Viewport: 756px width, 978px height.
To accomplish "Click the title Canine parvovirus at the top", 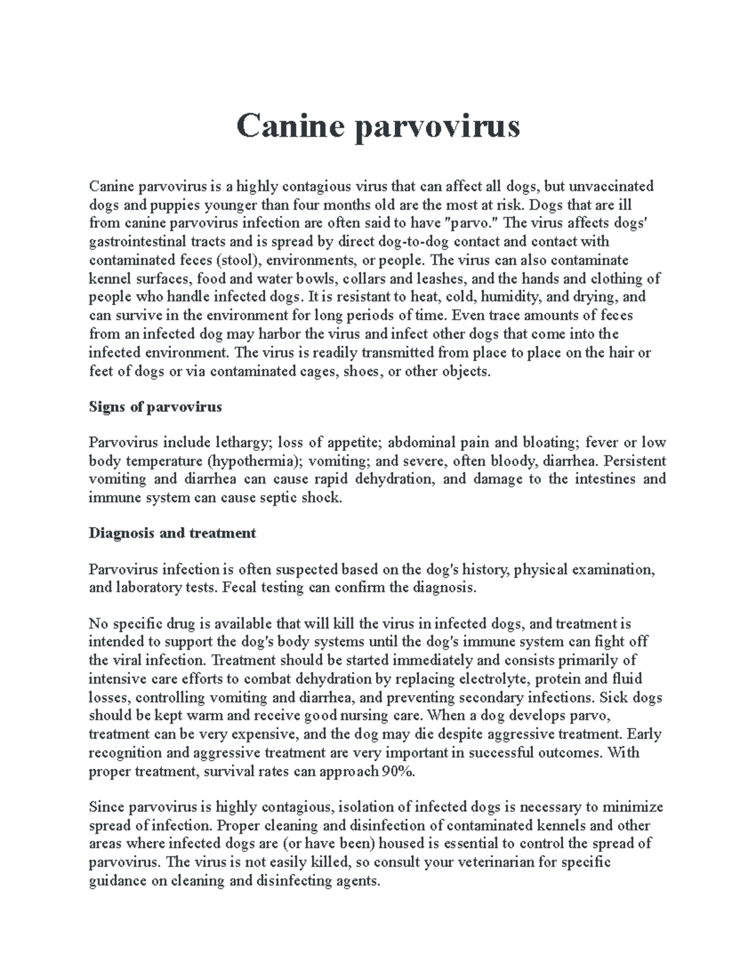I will click(378, 127).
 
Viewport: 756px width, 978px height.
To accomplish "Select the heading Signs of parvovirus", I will click(155, 407).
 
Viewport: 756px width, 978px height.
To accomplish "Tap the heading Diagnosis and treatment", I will click(172, 533).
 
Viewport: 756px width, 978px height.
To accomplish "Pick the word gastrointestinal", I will click(135, 242).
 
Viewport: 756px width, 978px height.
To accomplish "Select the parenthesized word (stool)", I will click(236, 261).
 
